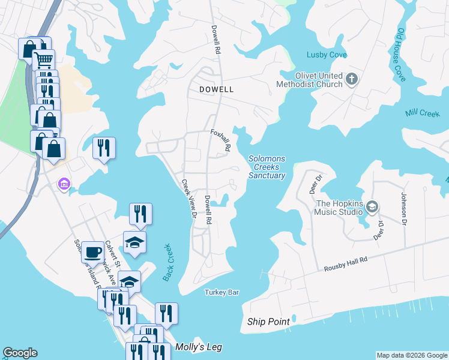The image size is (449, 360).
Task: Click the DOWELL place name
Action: pyautogui.click(x=216, y=89)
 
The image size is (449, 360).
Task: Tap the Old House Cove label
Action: pyautogui.click(x=400, y=55)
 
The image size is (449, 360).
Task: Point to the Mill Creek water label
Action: pyautogui.click(x=422, y=113)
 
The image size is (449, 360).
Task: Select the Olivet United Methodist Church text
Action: pyautogui.click(x=309, y=80)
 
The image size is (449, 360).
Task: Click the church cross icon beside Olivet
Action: pyautogui.click(x=352, y=78)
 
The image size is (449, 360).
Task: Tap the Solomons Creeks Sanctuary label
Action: pyautogui.click(x=267, y=167)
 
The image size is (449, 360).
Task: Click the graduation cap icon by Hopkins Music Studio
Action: pyautogui.click(x=372, y=207)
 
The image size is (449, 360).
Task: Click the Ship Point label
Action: pyautogui.click(x=268, y=322)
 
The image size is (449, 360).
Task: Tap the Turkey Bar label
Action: pyautogui.click(x=222, y=292)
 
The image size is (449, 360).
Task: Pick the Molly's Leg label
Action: pyautogui.click(x=195, y=347)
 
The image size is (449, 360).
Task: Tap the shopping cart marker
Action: pyautogui.click(x=43, y=60)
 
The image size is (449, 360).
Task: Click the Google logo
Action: pyautogui.click(x=20, y=353)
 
